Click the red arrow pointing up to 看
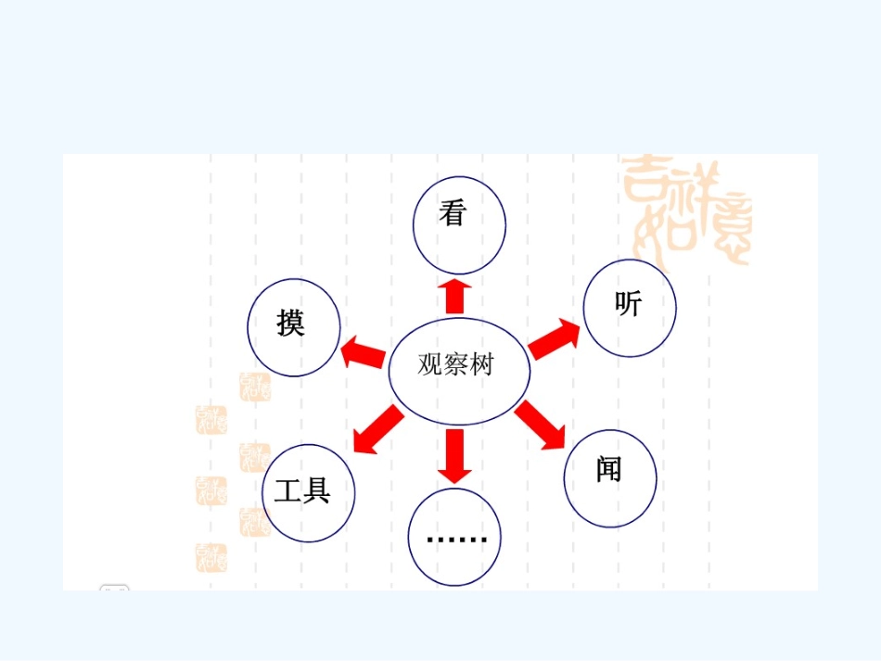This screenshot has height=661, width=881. click(x=454, y=296)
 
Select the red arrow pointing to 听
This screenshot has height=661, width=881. click(x=554, y=339)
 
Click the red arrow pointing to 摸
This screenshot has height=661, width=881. click(x=364, y=353)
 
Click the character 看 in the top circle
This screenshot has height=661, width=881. click(x=453, y=214)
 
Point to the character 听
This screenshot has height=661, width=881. click(x=628, y=304)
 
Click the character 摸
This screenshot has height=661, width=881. click(x=291, y=323)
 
